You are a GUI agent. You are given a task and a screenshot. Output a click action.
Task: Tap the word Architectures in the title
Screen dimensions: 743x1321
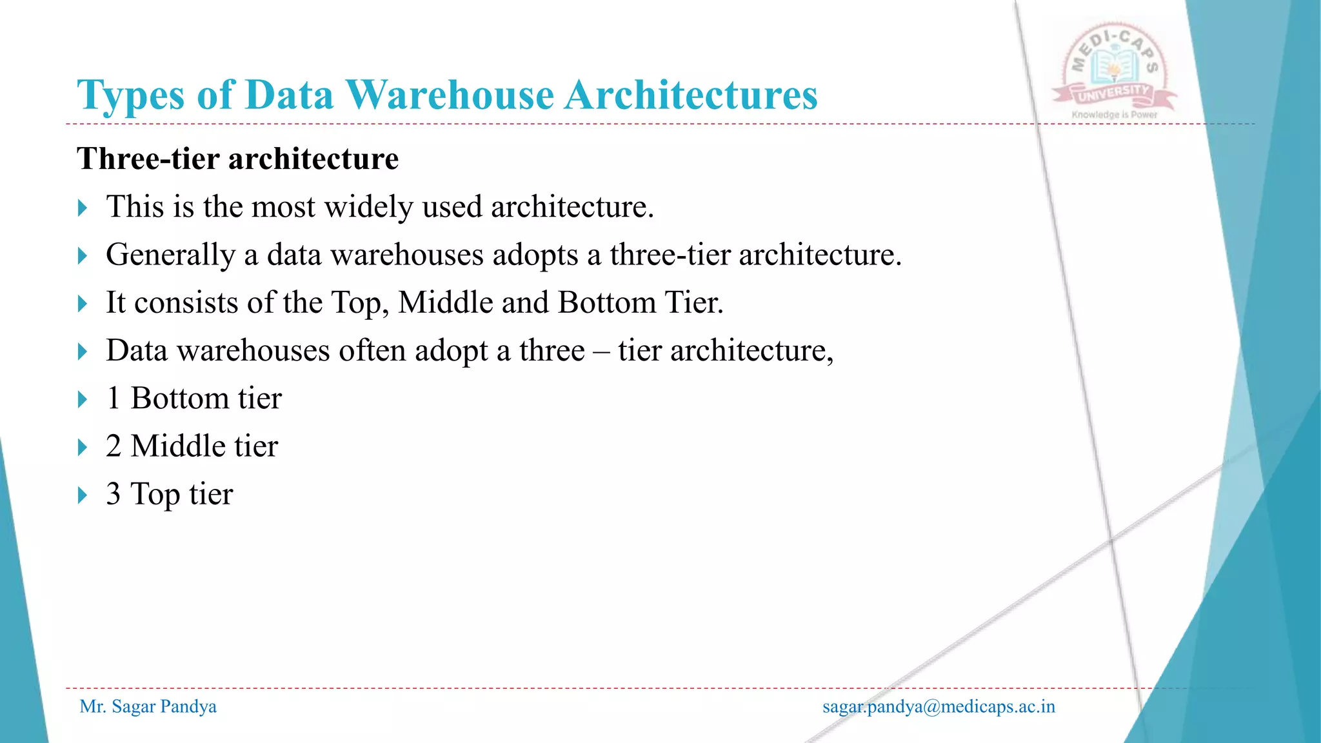691,95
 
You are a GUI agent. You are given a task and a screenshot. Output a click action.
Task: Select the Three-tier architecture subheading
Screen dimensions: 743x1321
237,159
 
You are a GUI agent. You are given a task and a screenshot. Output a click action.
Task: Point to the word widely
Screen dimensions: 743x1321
368,208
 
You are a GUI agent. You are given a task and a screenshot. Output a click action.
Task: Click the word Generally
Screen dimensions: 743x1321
170,255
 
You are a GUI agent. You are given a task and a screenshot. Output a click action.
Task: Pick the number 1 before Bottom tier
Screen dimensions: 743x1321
114,399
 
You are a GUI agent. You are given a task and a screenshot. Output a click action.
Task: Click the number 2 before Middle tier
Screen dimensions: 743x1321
114,446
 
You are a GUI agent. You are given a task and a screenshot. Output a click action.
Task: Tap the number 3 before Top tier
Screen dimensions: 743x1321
114,494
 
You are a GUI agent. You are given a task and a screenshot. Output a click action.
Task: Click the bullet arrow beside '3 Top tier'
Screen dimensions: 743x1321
83,495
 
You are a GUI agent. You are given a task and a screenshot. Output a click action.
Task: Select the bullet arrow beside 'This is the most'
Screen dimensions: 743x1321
83,208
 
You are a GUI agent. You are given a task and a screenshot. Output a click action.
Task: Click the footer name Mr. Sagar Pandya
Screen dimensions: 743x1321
148,706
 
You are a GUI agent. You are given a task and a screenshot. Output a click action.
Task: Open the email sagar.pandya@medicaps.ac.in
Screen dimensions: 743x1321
939,706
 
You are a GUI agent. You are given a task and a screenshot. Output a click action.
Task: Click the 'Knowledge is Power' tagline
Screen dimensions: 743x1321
1115,115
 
